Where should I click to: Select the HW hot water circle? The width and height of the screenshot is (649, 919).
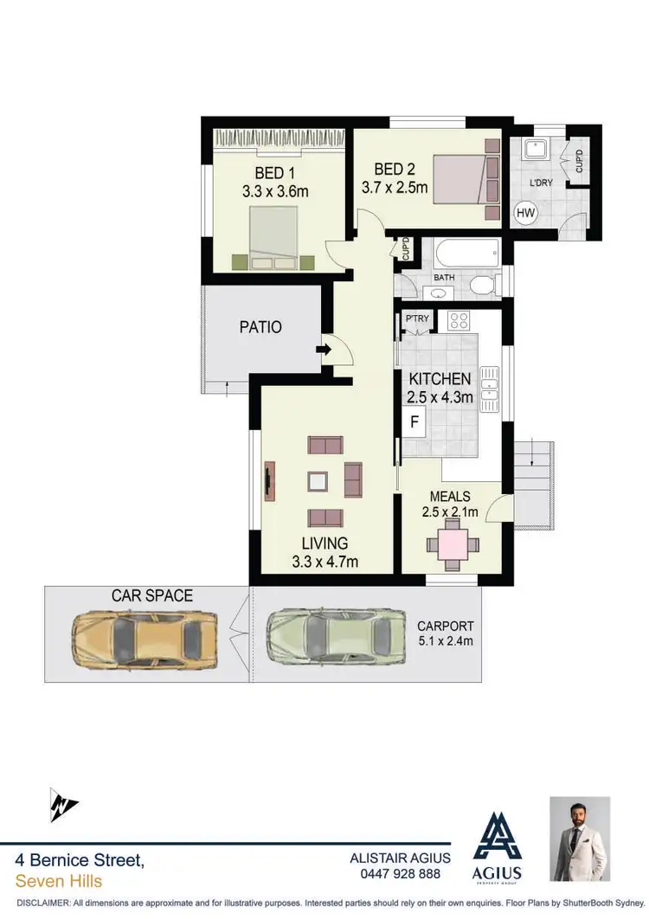pyautogui.click(x=525, y=213)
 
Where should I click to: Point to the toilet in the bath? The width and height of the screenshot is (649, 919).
pyautogui.click(x=480, y=285)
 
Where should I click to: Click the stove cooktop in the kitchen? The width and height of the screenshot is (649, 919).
pyautogui.click(x=458, y=322)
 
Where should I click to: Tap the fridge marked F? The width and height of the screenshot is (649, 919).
pyautogui.click(x=414, y=423)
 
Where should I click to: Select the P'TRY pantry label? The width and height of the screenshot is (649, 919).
pyautogui.click(x=417, y=320)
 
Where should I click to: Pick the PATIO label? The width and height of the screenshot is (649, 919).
pyautogui.click(x=260, y=327)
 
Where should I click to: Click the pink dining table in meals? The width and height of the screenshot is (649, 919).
pyautogui.click(x=451, y=545)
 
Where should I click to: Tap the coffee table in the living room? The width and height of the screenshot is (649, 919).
pyautogui.click(x=318, y=481)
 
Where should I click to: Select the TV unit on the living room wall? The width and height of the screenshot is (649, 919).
pyautogui.click(x=269, y=480)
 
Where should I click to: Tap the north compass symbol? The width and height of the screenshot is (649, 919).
pyautogui.click(x=61, y=806)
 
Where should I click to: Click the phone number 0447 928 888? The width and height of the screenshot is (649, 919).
pyautogui.click(x=400, y=874)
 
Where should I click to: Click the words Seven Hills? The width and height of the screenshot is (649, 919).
pyautogui.click(x=59, y=882)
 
